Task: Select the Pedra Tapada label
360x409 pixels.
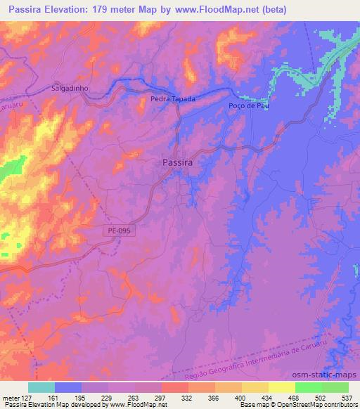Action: pos(173,100)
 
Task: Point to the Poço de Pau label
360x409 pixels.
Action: pos(249,106)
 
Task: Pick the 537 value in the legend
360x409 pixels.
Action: pos(347,397)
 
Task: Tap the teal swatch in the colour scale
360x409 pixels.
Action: pos(41,387)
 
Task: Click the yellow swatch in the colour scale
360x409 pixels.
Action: pos(281,387)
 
